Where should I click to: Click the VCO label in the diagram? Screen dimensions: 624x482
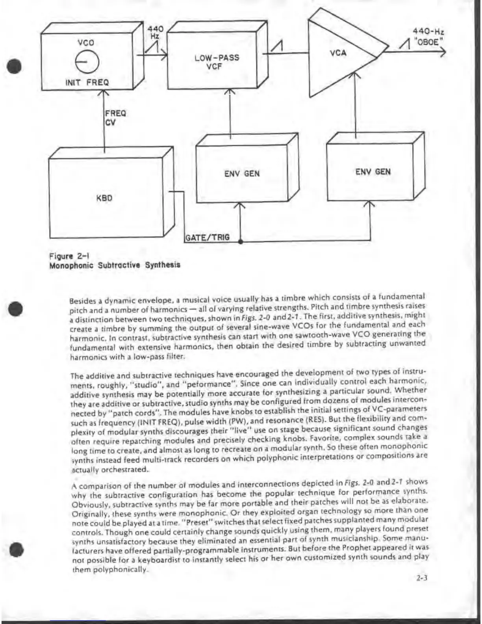(x=85, y=43)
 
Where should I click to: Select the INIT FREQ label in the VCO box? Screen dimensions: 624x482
(x=87, y=82)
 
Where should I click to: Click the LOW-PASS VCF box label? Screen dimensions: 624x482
(x=217, y=62)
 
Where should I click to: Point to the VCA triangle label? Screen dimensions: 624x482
(x=338, y=52)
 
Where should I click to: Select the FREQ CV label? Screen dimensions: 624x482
(x=115, y=118)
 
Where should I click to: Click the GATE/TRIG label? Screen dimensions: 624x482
(x=207, y=238)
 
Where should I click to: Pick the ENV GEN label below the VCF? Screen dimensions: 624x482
(x=242, y=173)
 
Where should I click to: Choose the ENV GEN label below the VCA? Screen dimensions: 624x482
(x=373, y=171)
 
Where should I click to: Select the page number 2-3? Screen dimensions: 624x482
(x=422, y=578)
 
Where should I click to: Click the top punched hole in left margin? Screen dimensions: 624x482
(x=15, y=66)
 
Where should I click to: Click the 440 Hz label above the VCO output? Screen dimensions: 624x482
(x=155, y=32)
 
